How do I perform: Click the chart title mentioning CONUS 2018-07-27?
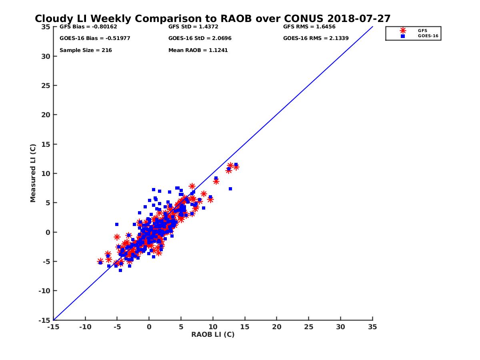(212, 19)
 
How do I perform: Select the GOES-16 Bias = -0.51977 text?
(95, 38)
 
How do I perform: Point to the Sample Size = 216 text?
(86, 50)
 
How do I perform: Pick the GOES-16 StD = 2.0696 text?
(200, 38)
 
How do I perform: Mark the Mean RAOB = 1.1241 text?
(198, 50)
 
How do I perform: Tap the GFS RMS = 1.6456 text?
(309, 27)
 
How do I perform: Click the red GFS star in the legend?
(403, 30)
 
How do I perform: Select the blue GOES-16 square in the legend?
(403, 36)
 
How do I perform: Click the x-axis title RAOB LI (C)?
(213, 334)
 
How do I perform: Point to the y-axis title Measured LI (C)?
(33, 173)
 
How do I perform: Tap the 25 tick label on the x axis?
(308, 327)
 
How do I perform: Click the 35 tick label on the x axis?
(372, 327)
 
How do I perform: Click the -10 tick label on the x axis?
(85, 327)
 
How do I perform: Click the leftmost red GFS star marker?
(100, 261)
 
